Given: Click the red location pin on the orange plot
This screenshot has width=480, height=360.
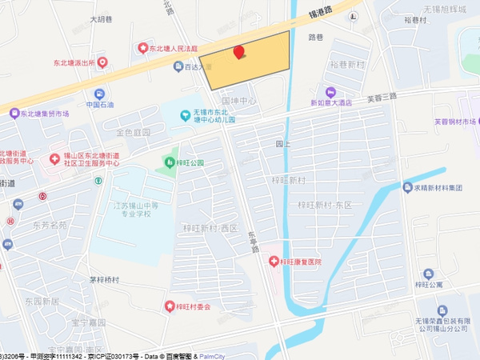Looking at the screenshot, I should click(238, 53).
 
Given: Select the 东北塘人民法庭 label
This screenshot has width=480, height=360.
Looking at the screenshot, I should click(174, 49).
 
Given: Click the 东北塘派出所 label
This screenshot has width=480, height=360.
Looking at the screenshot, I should click(86, 62).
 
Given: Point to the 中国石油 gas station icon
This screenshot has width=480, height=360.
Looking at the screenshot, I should click(99, 94).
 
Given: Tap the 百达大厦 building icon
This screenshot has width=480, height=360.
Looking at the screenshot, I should click(178, 68).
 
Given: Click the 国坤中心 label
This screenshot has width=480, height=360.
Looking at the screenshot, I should click(238, 102).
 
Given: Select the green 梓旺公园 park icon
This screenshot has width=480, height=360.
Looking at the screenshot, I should click(170, 162).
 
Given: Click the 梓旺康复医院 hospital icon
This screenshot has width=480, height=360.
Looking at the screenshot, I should click(274, 262).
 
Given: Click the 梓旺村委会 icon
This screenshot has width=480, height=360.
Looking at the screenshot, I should click(169, 306).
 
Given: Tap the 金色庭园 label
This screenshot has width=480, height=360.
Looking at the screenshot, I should click(133, 132).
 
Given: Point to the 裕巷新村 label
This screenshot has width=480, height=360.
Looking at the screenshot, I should click(346, 62).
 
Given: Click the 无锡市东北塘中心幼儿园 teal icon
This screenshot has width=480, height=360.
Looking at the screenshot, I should click(186, 117).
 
